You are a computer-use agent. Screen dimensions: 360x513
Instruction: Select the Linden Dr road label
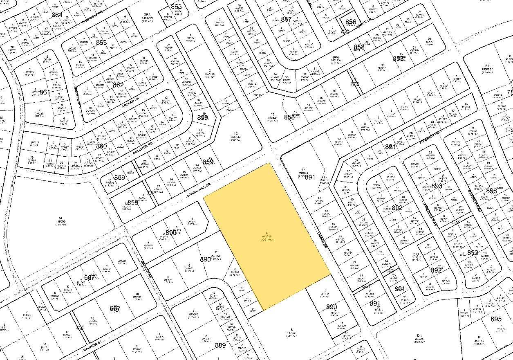(322, 240)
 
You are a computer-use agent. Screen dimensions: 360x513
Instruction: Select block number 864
(57, 15)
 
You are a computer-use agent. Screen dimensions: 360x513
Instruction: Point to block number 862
(118, 85)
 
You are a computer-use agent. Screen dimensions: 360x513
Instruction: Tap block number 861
(45, 92)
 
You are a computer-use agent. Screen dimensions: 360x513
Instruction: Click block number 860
(101, 146)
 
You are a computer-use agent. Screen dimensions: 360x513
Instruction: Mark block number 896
(491, 191)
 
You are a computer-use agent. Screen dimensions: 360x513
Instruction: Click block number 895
(496, 319)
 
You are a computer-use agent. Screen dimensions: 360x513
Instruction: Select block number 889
(220, 345)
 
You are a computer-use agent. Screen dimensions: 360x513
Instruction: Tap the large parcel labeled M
(60, 220)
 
